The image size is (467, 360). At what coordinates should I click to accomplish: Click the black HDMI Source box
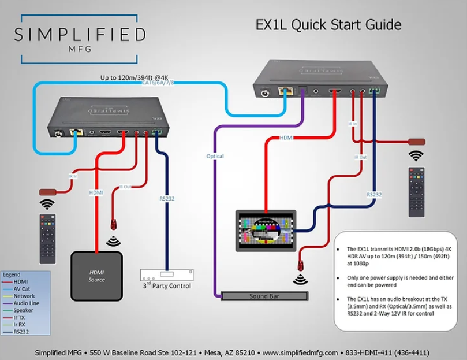[x=96, y=275]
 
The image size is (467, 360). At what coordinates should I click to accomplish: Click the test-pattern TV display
[x=266, y=230]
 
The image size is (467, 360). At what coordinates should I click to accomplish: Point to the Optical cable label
[x=215, y=156]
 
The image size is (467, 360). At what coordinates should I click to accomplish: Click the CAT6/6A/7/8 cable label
[x=158, y=83]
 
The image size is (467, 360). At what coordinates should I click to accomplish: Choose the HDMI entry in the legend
[x=20, y=281]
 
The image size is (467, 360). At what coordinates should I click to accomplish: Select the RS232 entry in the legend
[x=21, y=332]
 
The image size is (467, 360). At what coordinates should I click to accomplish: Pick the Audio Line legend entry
[x=26, y=303]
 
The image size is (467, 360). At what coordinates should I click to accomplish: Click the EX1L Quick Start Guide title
[x=328, y=25]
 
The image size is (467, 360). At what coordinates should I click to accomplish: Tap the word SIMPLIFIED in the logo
[x=80, y=35]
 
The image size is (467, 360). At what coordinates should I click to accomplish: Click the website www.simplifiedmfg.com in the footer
[x=300, y=352]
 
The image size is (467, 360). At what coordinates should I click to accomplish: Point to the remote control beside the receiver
[x=416, y=192]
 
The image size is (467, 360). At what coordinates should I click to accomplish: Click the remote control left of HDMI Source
[x=47, y=237]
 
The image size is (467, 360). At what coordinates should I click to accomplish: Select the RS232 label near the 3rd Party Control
[x=167, y=199]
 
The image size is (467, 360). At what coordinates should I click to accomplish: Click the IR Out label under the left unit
[x=125, y=187]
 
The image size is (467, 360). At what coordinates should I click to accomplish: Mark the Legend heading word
[x=12, y=274]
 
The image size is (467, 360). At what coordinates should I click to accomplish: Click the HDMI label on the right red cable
[x=286, y=138]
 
